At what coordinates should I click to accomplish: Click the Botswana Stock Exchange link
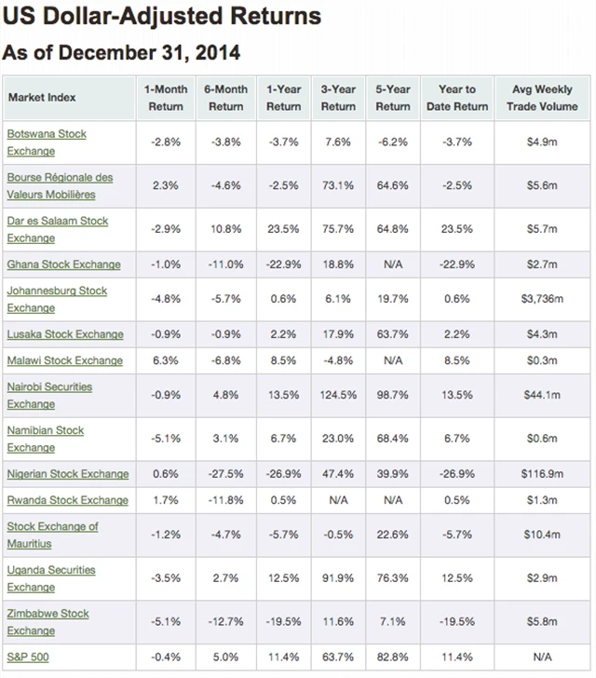click(x=47, y=142)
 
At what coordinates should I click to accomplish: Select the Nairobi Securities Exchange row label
click(x=49, y=395)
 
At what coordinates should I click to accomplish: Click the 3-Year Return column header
click(x=337, y=98)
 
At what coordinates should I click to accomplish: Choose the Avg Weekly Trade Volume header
click(x=542, y=98)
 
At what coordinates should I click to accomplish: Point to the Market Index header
click(x=42, y=98)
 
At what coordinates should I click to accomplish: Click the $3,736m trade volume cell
click(x=542, y=299)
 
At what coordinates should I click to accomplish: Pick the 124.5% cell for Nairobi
click(x=337, y=395)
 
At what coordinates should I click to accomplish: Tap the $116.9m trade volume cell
click(x=542, y=474)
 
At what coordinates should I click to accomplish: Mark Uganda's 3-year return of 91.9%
click(x=337, y=578)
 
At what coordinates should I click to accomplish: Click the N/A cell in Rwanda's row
click(x=337, y=500)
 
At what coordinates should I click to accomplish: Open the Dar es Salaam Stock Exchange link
click(x=57, y=229)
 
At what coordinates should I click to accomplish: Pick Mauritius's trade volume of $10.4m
click(x=542, y=535)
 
